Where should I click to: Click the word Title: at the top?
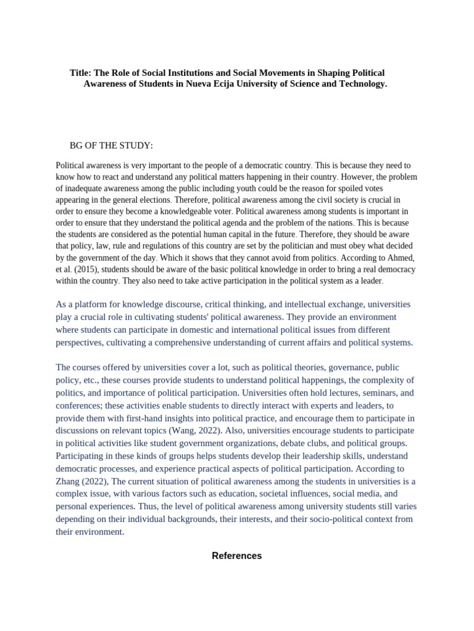click(81, 73)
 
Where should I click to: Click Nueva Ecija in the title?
click(212, 84)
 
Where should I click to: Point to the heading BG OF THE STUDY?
click(111, 145)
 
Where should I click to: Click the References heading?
click(237, 556)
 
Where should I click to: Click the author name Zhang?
click(69, 481)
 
